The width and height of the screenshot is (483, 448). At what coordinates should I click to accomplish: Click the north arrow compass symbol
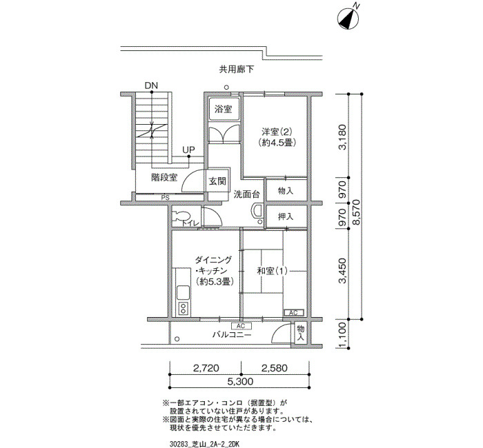pyautogui.click(x=348, y=19)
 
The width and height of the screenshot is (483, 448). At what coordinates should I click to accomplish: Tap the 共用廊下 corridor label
pyautogui.click(x=237, y=70)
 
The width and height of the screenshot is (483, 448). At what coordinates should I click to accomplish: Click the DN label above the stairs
pyautogui.click(x=151, y=85)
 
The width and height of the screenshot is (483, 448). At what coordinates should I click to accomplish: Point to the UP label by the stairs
pyautogui.click(x=188, y=150)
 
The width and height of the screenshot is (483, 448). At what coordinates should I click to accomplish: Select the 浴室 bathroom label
pyautogui.click(x=224, y=109)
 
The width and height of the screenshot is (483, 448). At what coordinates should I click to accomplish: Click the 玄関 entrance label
pyautogui.click(x=217, y=181)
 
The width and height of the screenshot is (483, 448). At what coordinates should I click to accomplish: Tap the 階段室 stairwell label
pyautogui.click(x=164, y=178)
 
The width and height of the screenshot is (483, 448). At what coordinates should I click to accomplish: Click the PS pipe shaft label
pyautogui.click(x=166, y=198)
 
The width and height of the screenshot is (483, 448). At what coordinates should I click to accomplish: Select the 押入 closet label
pyautogui.click(x=286, y=216)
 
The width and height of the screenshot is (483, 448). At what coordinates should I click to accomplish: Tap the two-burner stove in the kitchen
pyautogui.click(x=183, y=308)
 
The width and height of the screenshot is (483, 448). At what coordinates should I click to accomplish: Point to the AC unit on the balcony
pyautogui.click(x=241, y=326)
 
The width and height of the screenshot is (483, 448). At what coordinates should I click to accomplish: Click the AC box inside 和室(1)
pyautogui.click(x=293, y=313)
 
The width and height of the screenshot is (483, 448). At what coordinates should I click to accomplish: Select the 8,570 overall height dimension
pyautogui.click(x=356, y=212)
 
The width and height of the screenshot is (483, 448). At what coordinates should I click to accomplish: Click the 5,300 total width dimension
pyautogui.click(x=240, y=382)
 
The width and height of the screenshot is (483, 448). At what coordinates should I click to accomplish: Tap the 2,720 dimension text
pyautogui.click(x=206, y=368)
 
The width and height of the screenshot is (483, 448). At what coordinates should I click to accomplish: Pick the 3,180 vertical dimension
pyautogui.click(x=342, y=137)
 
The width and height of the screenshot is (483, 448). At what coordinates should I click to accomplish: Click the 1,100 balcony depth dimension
pyautogui.click(x=342, y=336)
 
